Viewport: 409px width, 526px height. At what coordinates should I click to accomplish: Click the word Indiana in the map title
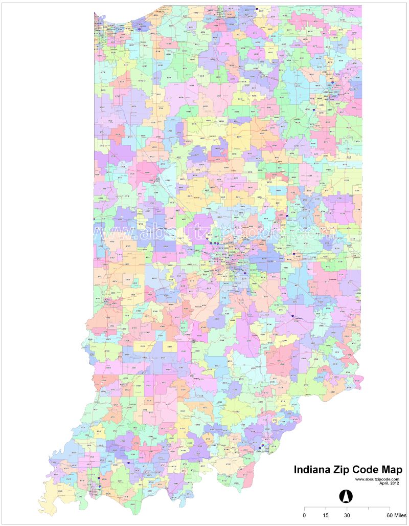tap(313, 470)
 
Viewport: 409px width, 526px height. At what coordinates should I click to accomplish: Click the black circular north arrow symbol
tap(346, 495)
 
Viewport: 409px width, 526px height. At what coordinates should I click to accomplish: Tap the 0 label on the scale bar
tap(305, 515)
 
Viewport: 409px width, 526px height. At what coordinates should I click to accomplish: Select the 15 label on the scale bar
tap(326, 515)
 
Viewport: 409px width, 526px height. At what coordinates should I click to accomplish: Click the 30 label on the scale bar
tap(347, 515)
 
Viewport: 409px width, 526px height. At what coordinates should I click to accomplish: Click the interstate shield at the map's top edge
tap(257, 9)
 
